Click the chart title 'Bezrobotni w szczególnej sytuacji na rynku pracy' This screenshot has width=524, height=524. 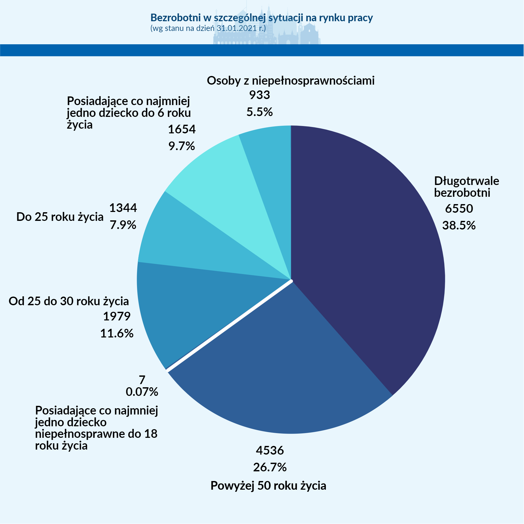click(261, 18)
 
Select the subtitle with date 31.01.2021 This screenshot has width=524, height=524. click(208, 28)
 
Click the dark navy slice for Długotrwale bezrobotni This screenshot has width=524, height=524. click(363, 244)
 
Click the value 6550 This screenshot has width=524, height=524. click(459, 209)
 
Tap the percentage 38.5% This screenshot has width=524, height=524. click(459, 226)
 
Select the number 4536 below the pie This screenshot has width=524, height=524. click(270, 450)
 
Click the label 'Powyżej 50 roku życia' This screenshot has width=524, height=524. click(268, 485)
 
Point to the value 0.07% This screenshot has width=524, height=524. click(142, 392)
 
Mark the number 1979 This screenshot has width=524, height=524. click(117, 316)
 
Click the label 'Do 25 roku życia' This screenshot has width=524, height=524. click(60, 217)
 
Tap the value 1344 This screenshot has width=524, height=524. click(123, 208)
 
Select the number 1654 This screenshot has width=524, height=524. click(182, 129)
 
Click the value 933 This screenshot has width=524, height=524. click(260, 95)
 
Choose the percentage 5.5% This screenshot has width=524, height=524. click(260, 112)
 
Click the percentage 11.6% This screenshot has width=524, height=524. click(117, 333)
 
